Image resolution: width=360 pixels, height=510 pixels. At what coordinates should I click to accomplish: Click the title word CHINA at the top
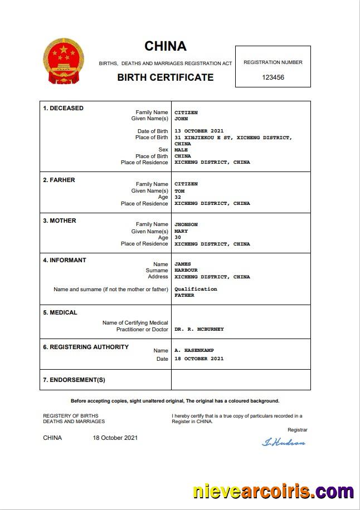coord(166,46)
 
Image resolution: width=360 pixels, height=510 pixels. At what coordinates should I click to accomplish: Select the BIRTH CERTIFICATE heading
coord(166,77)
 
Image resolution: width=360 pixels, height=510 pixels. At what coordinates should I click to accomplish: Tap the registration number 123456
coord(273,77)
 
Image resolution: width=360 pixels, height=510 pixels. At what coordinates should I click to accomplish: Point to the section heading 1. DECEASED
coord(64,108)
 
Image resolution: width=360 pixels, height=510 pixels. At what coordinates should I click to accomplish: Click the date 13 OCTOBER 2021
coord(199,131)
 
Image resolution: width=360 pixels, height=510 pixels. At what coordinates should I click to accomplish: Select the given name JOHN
coord(181,119)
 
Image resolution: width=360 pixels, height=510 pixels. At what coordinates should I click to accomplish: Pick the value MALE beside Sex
coord(181,150)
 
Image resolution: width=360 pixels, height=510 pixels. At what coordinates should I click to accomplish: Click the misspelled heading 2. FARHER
coord(59,180)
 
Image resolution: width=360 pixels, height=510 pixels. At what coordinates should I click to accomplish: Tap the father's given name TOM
coord(179,191)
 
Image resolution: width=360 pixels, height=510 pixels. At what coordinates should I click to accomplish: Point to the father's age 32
coord(178,197)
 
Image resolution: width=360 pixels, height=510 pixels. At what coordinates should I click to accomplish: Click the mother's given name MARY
coord(181,231)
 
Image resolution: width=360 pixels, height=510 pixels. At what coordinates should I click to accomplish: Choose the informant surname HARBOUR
coord(186,271)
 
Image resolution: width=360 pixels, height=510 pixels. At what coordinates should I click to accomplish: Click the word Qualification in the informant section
coord(196,289)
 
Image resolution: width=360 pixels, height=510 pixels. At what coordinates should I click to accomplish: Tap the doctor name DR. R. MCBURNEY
coord(199,329)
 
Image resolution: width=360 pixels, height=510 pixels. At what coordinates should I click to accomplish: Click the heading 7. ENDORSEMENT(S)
coord(74,380)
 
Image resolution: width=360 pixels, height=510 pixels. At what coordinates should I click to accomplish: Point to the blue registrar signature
coord(284,443)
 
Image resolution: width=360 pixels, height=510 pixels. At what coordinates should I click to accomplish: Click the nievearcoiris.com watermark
coord(273,492)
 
